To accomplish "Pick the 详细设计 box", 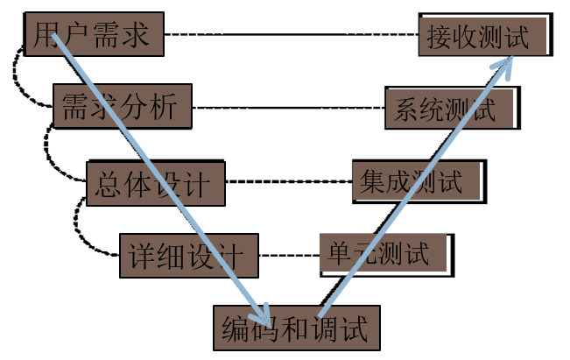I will point(188,257).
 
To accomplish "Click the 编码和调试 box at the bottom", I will point(299,328).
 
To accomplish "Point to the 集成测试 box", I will point(418,181).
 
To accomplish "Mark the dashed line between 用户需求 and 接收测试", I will point(289,34).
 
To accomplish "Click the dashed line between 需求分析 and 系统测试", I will point(289,108).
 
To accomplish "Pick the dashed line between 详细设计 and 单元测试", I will point(289,257).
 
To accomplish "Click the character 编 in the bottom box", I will point(235,329).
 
